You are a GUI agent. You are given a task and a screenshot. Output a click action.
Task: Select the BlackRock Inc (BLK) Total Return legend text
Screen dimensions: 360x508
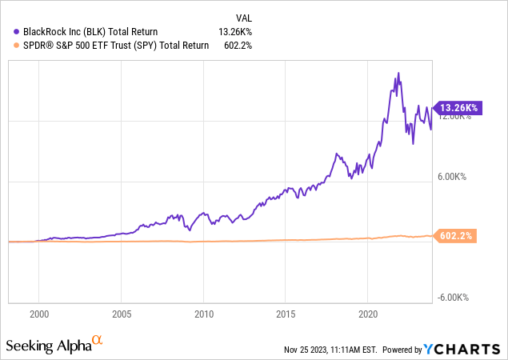pos(92,32)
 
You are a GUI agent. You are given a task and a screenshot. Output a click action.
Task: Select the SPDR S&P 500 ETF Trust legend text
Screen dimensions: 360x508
pos(112,46)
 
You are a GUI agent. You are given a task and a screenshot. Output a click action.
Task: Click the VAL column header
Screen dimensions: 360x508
pos(242,17)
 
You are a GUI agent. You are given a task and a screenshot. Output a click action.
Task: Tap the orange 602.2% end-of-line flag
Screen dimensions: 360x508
pos(456,236)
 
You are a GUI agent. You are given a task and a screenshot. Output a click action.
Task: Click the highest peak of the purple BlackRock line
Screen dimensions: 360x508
pos(398,74)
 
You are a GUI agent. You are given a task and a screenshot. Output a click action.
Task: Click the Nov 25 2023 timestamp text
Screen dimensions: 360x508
pos(329,350)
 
